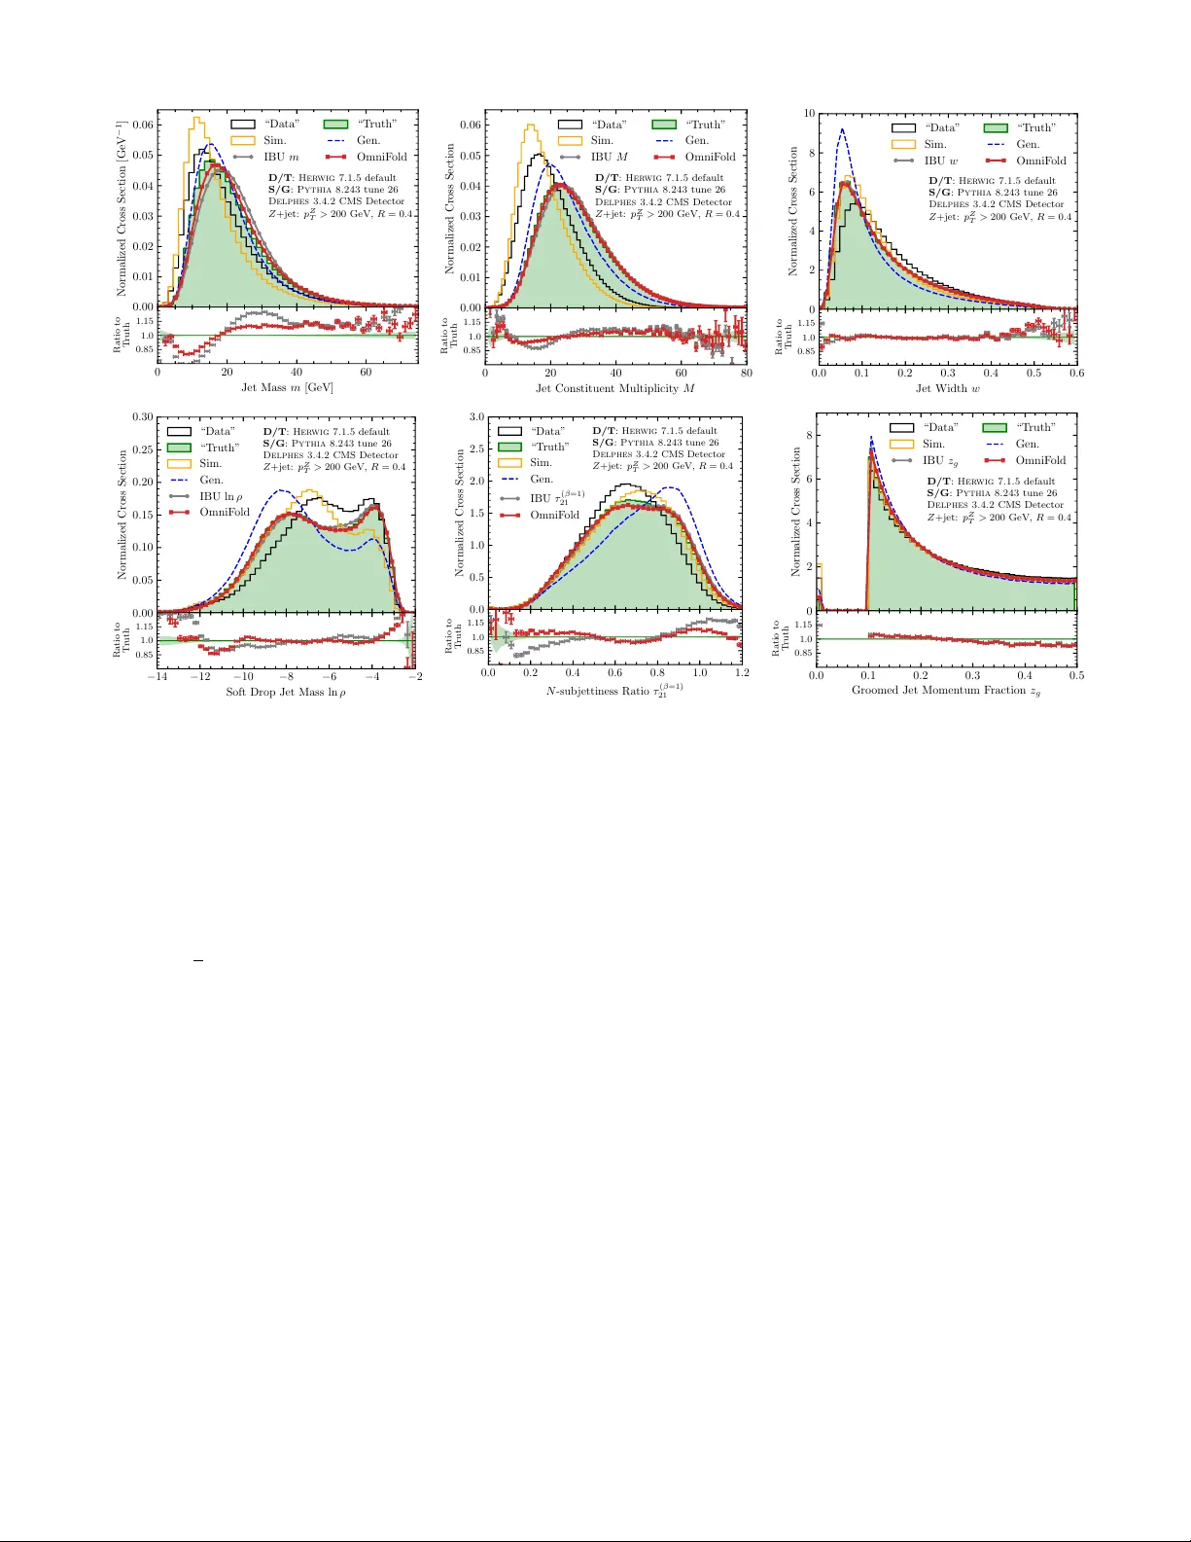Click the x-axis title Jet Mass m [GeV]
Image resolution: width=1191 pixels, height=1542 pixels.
287,387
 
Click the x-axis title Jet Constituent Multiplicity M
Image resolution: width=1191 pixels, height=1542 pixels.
615,388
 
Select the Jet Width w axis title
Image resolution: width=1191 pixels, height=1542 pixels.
947,388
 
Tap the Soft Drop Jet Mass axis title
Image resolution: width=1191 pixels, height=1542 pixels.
286,693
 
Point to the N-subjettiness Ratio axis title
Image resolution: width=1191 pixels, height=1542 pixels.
614,692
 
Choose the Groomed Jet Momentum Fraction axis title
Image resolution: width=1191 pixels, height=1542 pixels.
946,691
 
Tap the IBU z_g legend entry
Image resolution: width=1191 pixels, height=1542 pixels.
939,460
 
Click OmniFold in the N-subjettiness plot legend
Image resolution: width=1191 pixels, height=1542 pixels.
554,515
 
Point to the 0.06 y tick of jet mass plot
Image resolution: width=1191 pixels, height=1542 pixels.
143,125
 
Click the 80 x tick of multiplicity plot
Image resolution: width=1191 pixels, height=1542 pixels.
746,373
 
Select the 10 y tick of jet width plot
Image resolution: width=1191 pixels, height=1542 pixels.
809,114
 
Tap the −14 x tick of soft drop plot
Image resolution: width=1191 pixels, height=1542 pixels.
158,677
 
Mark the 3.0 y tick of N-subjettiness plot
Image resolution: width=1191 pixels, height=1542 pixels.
476,416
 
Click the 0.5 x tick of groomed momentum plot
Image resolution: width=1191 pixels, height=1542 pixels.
1075,675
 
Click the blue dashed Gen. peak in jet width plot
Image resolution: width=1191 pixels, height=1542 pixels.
842,129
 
